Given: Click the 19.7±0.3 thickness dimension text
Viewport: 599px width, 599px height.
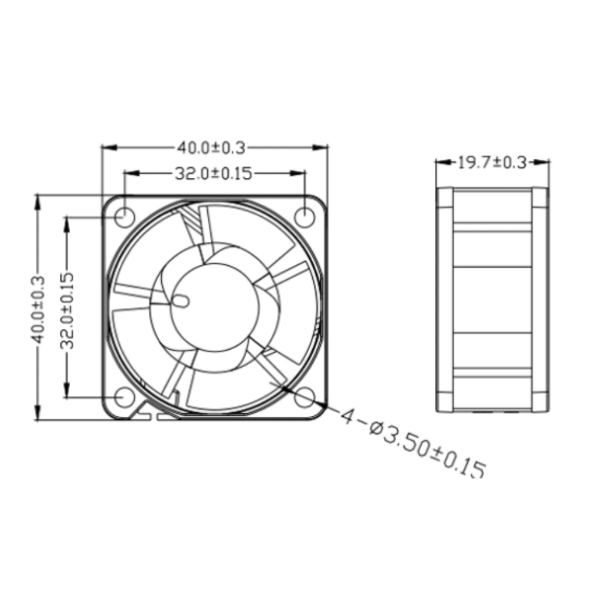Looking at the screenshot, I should (492, 162).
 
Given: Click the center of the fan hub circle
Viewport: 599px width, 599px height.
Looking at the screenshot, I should (215, 307).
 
